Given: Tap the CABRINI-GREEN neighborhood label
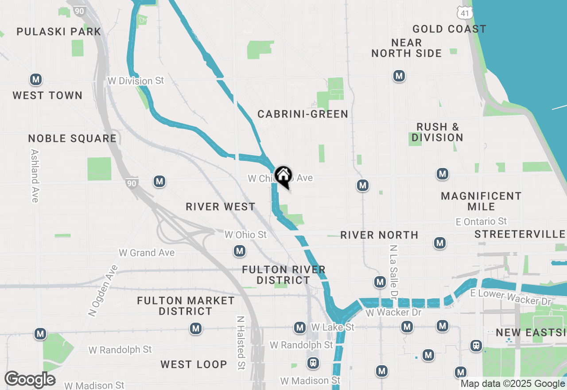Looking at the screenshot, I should (x=303, y=114).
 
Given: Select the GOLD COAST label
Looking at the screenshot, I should (x=449, y=29).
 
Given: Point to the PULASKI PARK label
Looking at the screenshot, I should (x=59, y=31).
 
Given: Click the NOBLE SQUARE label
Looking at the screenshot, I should (x=72, y=139).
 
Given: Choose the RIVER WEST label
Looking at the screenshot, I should (x=220, y=207).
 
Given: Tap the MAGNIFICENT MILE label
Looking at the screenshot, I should (x=481, y=201).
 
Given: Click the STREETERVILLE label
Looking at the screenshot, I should (x=520, y=234).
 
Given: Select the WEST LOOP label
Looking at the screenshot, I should (x=194, y=365).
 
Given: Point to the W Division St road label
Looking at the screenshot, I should (x=136, y=81).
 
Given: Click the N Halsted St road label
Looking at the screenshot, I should (x=241, y=343).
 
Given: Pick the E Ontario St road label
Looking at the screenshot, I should (x=482, y=221).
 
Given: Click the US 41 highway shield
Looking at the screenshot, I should (x=465, y=13).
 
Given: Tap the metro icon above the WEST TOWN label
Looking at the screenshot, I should (x=36, y=80).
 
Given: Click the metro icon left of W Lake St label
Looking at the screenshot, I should (x=300, y=328).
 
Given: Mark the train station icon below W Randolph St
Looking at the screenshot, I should (x=313, y=363).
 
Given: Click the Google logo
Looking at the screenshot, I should (x=30, y=379).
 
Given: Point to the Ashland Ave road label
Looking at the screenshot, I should (x=35, y=175).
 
